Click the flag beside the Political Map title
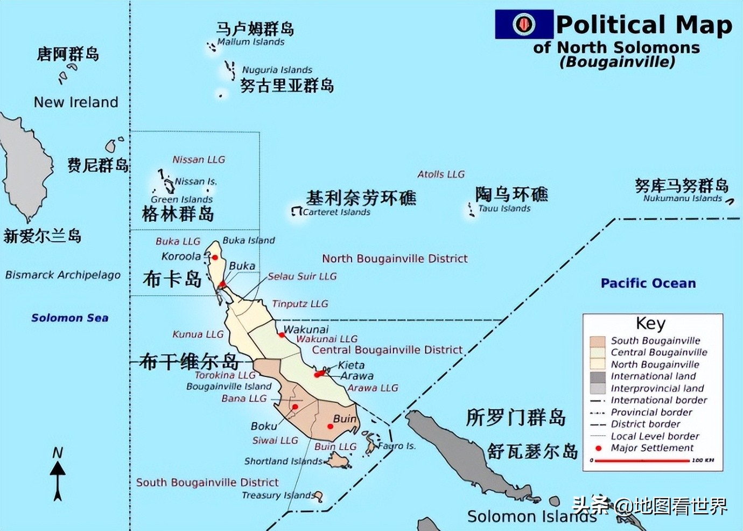tap(524, 24)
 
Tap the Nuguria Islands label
tap(277, 69)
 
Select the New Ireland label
tap(76, 102)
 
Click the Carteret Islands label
tap(336, 212)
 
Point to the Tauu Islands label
tap(504, 208)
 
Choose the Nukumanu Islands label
tap(682, 198)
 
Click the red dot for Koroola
tap(214, 257)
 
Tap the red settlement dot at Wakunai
tap(282, 335)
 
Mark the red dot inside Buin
tap(331, 427)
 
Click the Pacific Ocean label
tap(648, 283)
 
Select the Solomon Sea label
tap(70, 318)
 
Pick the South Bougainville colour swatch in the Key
tap(598, 341)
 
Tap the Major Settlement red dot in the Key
tap(598, 448)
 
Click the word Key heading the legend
tap(650, 323)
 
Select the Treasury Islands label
tap(278, 495)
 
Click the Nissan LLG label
tap(199, 159)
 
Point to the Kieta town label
tap(351, 365)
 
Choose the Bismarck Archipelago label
tap(63, 275)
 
